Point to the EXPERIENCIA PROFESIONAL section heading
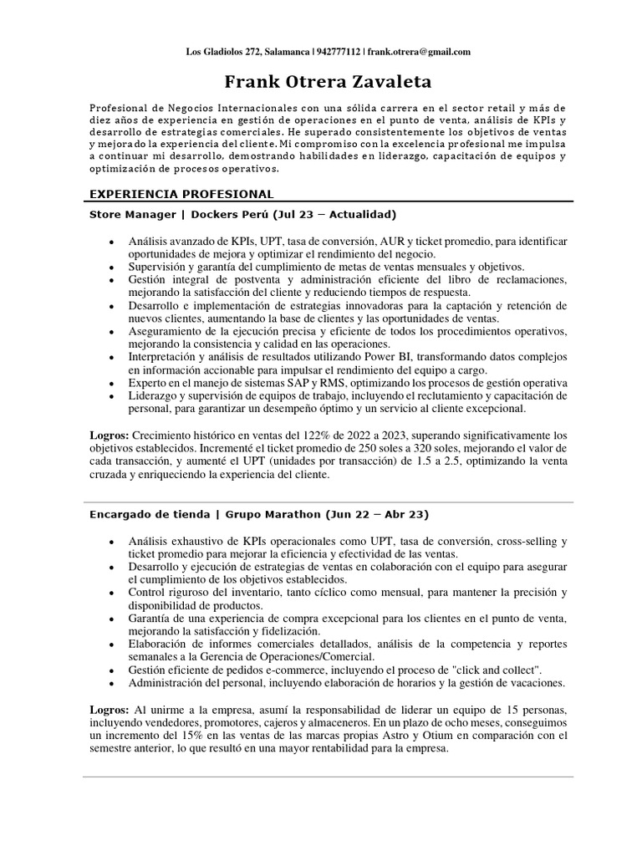[x=181, y=194]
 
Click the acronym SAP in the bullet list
[x=301, y=383]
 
